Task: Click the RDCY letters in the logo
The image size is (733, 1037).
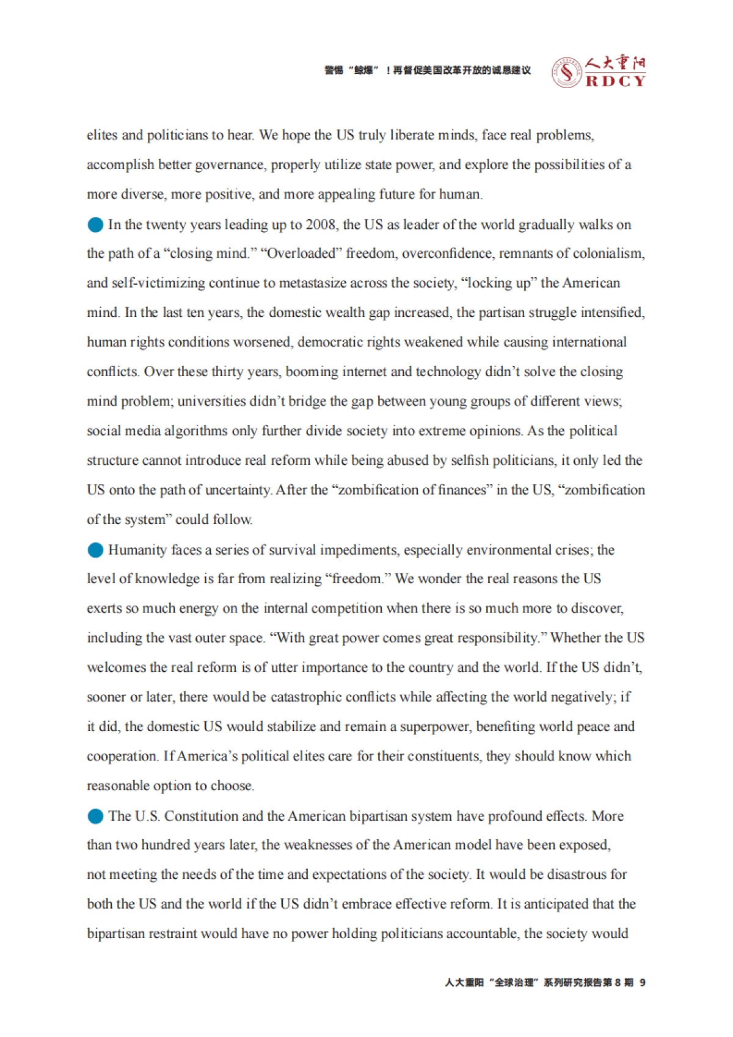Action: tap(615, 81)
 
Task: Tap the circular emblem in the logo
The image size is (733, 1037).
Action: tap(566, 73)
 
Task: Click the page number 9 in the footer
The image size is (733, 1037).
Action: tap(643, 983)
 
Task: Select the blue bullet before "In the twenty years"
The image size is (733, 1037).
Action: tap(95, 225)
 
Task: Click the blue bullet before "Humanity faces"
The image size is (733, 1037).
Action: tap(95, 550)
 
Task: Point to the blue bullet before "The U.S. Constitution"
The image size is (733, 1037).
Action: tap(95, 817)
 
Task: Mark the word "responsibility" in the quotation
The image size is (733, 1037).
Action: tap(500, 638)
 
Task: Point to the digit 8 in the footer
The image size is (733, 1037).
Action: tap(618, 983)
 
